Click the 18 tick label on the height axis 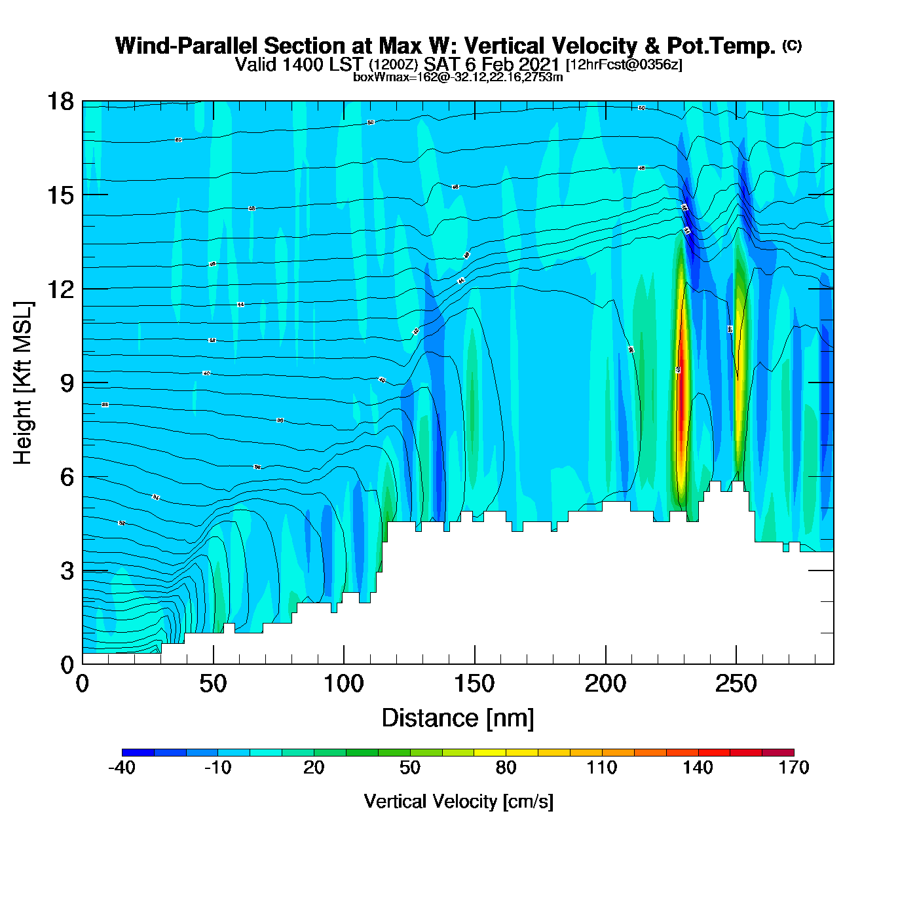(60, 102)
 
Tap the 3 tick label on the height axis (67, 571)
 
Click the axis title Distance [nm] (458, 719)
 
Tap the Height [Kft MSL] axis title (23, 383)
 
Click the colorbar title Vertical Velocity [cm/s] (458, 801)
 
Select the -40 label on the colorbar (122, 768)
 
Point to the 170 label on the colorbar (794, 768)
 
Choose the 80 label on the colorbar (506, 768)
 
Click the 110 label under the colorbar (602, 768)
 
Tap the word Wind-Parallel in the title (187, 46)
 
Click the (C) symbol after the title (792, 45)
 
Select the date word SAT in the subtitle (441, 64)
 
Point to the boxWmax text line (458, 77)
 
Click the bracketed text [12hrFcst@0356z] (624, 64)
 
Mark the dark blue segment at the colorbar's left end (138, 753)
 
